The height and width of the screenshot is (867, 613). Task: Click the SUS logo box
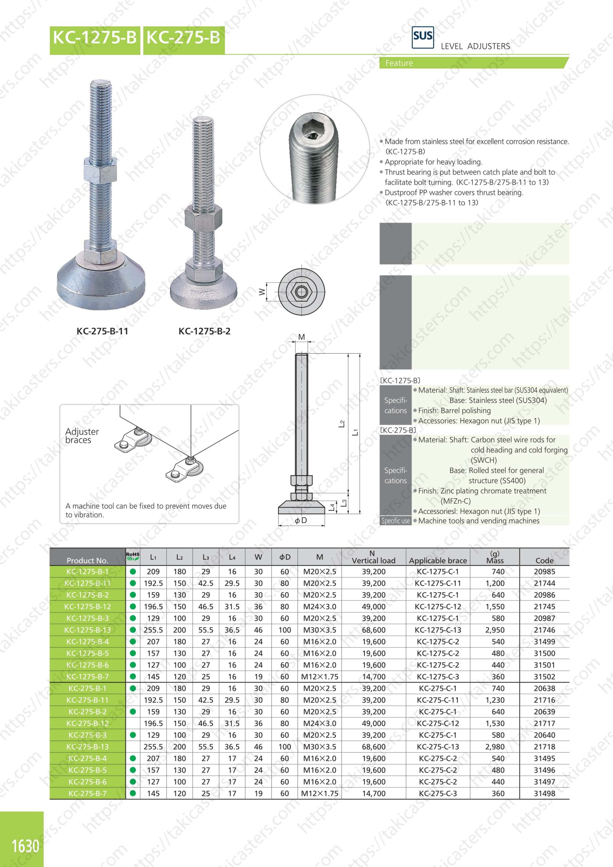[423, 37]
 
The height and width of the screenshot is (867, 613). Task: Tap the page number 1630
[25, 846]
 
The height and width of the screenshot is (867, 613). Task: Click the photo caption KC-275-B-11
[102, 331]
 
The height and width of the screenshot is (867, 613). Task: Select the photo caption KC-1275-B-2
[204, 331]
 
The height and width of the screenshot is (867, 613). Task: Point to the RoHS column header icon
[132, 556]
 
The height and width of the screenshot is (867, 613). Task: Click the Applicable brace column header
[438, 561]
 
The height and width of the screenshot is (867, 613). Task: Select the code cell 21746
[544, 630]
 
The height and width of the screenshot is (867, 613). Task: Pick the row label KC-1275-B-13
[87, 630]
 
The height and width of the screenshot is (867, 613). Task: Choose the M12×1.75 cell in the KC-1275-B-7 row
[319, 677]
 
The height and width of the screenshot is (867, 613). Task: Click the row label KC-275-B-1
[87, 689]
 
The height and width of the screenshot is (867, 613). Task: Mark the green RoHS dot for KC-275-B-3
[132, 735]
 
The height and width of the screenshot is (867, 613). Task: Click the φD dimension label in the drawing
[301, 520]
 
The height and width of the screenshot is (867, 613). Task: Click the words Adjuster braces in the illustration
[82, 436]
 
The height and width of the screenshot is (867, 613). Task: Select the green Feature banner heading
[399, 63]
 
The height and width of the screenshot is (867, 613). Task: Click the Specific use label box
[395, 521]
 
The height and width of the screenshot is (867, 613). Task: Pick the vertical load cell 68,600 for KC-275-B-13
[373, 746]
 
